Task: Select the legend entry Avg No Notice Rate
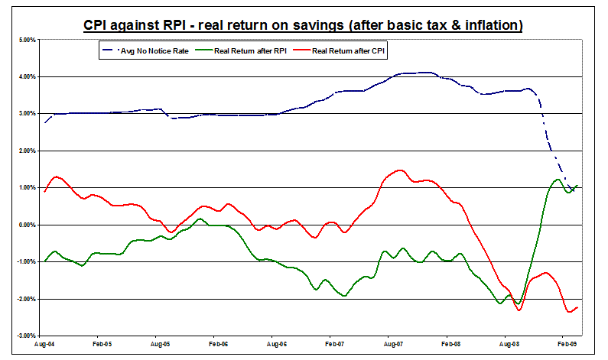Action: [150, 51]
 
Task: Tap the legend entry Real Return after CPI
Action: [345, 51]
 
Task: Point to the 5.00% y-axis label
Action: [26, 40]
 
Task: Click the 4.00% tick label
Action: [26, 76]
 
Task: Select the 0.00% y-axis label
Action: [26, 225]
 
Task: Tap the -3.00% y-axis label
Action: [25, 336]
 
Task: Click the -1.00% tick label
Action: [25, 261]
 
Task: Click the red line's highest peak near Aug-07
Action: [400, 170]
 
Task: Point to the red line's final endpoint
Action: [577, 306]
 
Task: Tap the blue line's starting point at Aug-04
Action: [45, 122]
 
